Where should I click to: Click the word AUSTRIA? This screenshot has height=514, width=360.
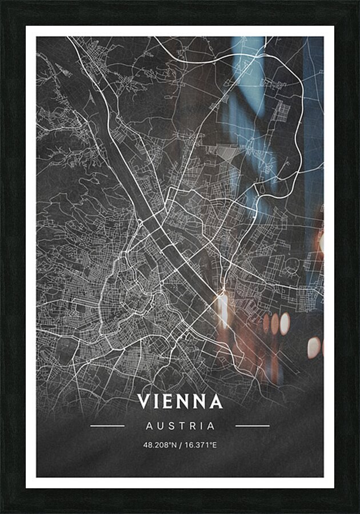(x=180, y=426)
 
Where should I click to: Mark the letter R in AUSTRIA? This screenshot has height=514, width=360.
(x=194, y=426)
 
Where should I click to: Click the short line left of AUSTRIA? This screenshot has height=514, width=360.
(x=107, y=426)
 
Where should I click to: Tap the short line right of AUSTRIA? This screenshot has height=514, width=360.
(x=253, y=426)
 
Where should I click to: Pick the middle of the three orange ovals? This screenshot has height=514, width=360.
(x=275, y=324)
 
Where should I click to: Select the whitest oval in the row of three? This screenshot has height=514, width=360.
(x=285, y=323)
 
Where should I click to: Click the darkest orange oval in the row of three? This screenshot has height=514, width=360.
(x=266, y=324)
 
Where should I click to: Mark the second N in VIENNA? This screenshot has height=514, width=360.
(x=199, y=401)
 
